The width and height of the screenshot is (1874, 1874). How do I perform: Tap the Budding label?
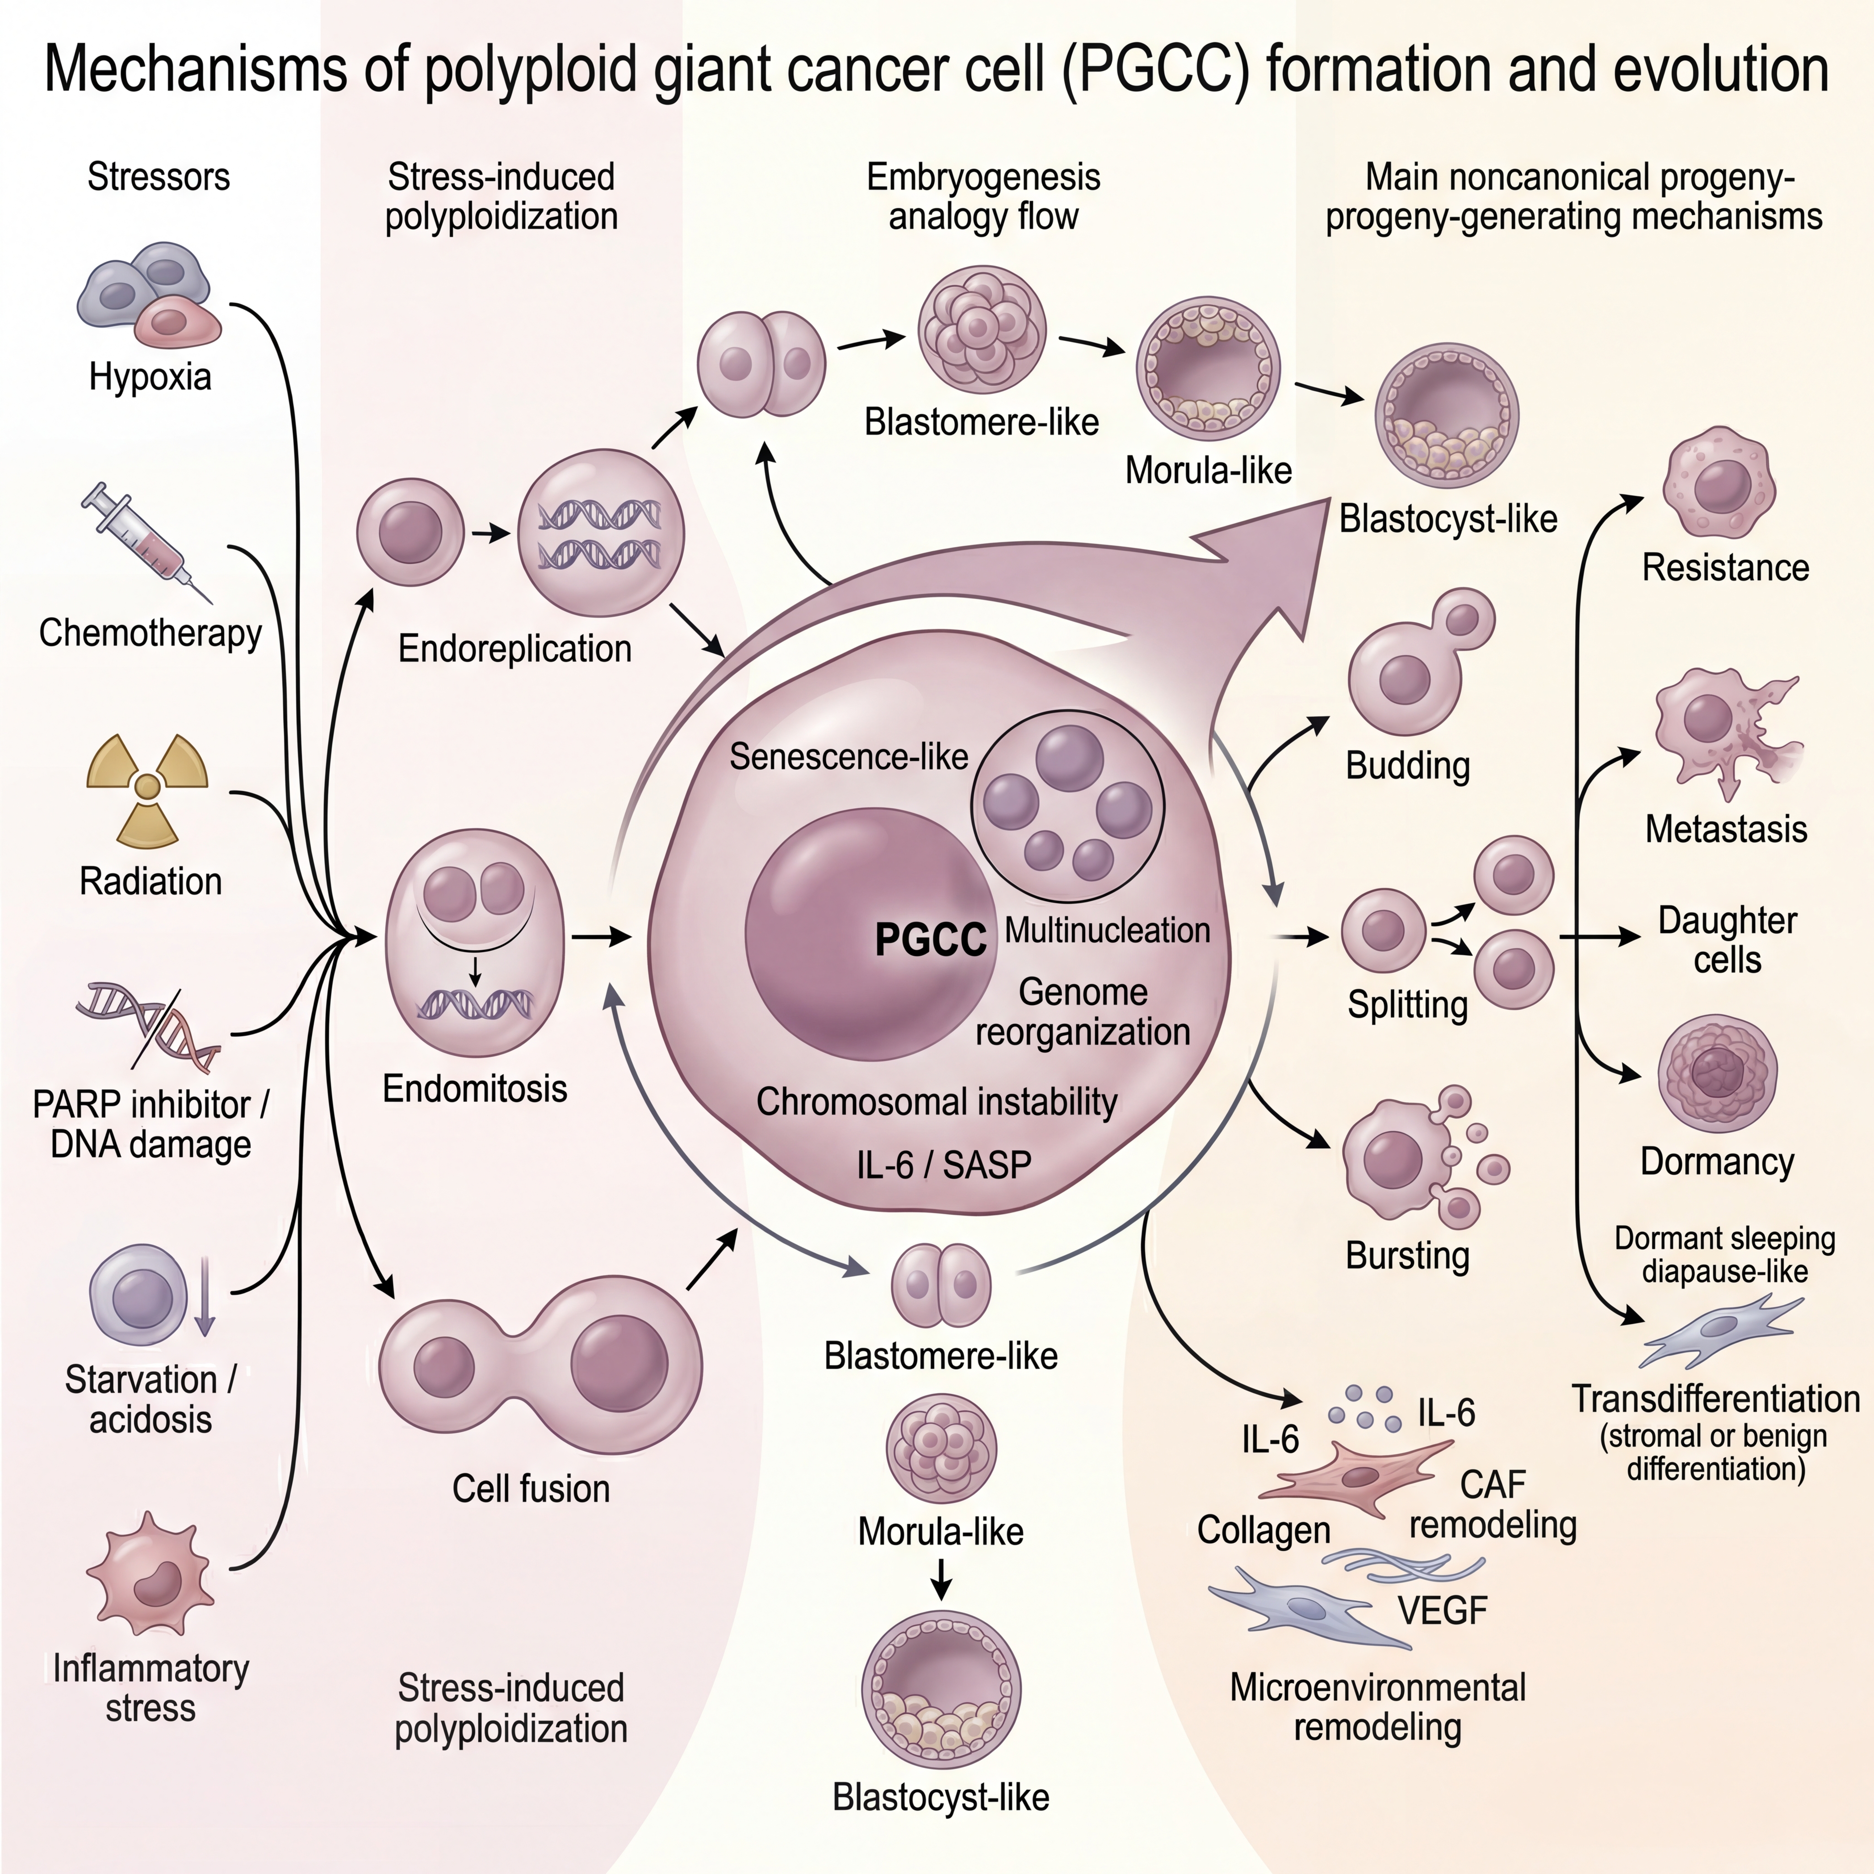tap(1407, 765)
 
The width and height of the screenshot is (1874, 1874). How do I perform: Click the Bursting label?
tap(1407, 1255)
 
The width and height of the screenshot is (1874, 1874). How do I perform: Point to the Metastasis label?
tap(1726, 829)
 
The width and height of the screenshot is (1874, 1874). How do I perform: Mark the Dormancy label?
tap(1717, 1161)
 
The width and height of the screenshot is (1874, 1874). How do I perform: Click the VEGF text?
tap(1443, 1610)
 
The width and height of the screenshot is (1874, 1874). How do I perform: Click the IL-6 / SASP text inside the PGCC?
tap(943, 1164)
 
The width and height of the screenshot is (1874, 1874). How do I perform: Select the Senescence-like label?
tap(849, 757)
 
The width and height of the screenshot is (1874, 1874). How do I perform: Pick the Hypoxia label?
tap(151, 377)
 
